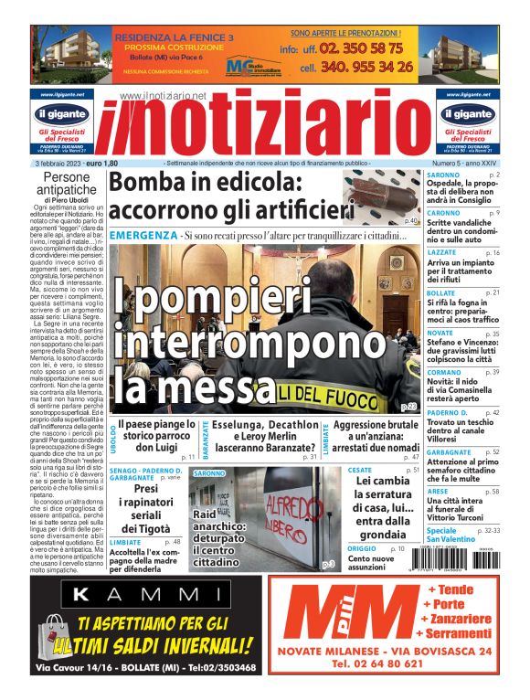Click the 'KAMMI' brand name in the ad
(x=144, y=596)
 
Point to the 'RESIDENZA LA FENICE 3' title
(x=173, y=37)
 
